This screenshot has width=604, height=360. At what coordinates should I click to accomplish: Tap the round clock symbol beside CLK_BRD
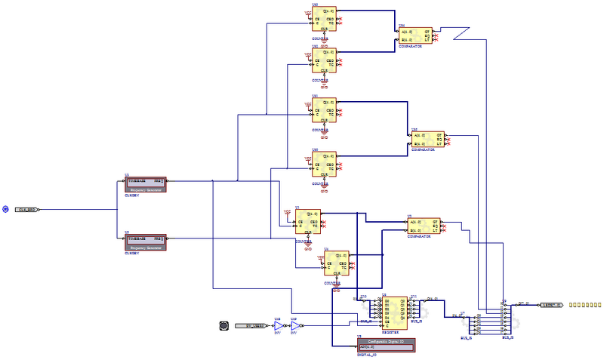tap(5, 209)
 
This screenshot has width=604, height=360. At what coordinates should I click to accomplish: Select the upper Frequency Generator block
tap(144, 185)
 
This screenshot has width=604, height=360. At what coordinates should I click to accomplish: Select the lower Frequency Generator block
tap(144, 242)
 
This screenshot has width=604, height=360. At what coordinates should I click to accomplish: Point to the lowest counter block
tap(336, 263)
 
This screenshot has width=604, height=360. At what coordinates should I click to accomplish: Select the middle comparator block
tap(427, 139)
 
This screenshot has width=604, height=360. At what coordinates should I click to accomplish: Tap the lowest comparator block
tap(423, 225)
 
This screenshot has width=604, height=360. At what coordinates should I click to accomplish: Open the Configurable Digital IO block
tap(387, 345)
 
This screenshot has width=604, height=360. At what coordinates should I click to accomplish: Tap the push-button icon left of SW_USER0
tap(223, 326)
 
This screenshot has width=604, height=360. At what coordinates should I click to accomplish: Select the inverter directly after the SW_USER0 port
tap(277, 326)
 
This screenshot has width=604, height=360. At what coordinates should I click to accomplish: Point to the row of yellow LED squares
tap(585, 305)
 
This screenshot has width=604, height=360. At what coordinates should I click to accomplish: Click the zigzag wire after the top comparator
tap(459, 34)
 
